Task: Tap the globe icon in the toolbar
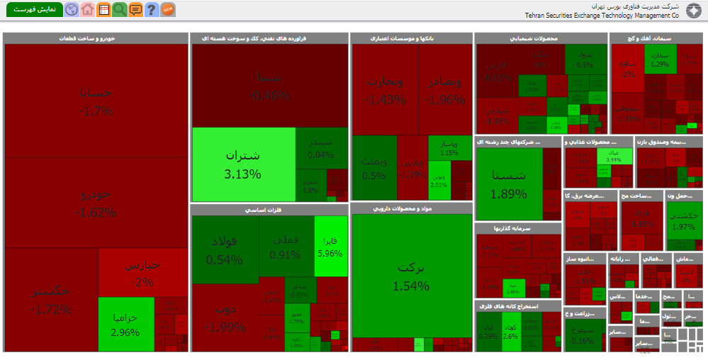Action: click(72, 9)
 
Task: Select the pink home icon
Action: click(87, 9)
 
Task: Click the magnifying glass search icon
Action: click(119, 9)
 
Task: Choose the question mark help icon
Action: click(151, 9)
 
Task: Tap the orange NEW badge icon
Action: click(168, 9)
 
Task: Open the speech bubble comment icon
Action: click(135, 9)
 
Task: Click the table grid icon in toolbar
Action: click(103, 9)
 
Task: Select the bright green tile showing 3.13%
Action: click(243, 164)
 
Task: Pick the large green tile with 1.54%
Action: click(411, 276)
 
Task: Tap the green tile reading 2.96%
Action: click(125, 324)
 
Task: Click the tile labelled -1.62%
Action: click(96, 202)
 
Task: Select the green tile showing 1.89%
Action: click(508, 184)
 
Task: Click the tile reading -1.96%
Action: click(444, 90)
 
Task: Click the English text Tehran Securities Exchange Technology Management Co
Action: click(602, 14)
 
